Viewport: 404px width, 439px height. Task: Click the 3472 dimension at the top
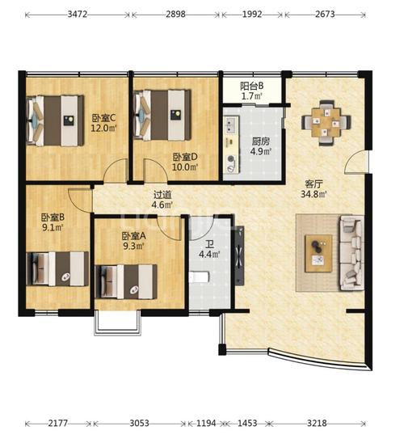(78, 14)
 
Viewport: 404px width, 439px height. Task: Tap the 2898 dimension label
(175, 14)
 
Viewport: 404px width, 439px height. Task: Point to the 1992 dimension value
(252, 14)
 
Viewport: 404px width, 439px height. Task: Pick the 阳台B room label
(251, 86)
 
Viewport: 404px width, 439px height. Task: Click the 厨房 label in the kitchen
(260, 141)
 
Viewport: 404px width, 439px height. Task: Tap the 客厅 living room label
(314, 184)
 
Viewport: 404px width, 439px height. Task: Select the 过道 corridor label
(162, 195)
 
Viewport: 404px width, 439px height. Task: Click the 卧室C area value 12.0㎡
(103, 129)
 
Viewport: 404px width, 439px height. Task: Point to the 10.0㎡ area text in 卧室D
(185, 167)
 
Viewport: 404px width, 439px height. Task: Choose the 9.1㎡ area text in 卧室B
(53, 227)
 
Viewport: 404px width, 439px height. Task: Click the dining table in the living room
(326, 123)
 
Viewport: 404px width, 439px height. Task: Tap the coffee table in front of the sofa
(318, 253)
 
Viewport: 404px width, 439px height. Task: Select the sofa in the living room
(352, 253)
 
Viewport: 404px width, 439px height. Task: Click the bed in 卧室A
(126, 281)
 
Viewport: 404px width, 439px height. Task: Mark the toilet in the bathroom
(199, 276)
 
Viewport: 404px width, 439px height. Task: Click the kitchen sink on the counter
(231, 125)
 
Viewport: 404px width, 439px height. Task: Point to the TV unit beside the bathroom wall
(239, 255)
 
